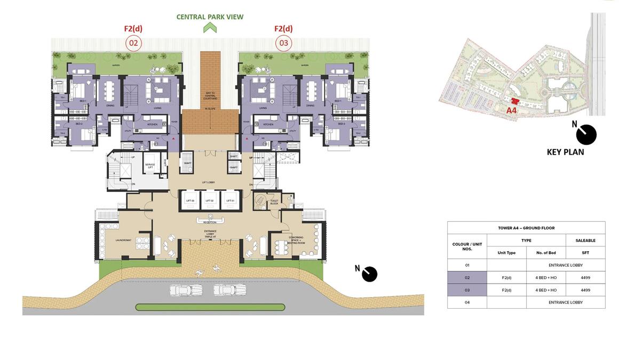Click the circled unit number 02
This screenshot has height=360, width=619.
point(133,43)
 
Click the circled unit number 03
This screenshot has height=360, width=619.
point(283,43)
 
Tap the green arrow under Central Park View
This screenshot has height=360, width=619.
point(210,27)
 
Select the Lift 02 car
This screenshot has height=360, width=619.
point(209,201)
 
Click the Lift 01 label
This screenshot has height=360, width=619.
point(230,201)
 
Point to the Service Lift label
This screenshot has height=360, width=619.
point(150,166)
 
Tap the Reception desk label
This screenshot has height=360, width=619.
point(210,222)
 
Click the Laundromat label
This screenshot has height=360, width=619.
point(123,240)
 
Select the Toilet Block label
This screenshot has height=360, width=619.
point(274,202)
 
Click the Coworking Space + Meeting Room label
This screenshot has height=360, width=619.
point(296,239)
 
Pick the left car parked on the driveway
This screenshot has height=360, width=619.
point(186,290)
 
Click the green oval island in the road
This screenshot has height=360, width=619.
point(210,307)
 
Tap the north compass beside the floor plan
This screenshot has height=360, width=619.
point(369,274)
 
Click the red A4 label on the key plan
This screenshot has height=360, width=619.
point(511,110)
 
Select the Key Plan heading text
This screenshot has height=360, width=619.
point(565,152)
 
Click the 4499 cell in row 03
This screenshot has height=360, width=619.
point(585,290)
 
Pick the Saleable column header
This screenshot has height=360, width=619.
point(585,241)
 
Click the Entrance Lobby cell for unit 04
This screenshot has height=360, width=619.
point(566,302)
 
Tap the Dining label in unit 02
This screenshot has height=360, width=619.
point(110,106)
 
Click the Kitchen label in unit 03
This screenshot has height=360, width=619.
point(268,124)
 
